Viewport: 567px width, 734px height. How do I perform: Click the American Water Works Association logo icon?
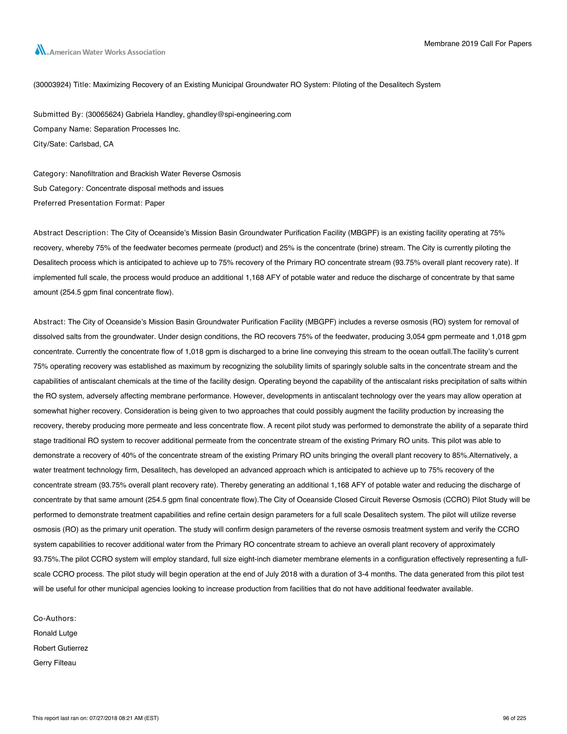click(x=41, y=50)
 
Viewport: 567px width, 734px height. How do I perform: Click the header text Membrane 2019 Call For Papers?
click(x=478, y=44)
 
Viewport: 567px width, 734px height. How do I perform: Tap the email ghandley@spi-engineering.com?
click(x=239, y=114)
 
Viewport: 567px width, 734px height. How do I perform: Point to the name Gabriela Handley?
click(x=155, y=114)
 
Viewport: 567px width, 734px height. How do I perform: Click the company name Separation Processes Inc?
click(x=137, y=129)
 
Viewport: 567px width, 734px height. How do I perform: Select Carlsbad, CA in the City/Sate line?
click(x=92, y=144)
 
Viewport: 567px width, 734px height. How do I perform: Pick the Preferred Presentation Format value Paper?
click(x=155, y=203)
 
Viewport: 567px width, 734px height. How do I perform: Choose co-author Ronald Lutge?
click(x=55, y=633)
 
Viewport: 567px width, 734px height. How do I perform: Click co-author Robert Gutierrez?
click(x=61, y=648)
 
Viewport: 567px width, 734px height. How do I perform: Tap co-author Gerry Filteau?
click(x=55, y=663)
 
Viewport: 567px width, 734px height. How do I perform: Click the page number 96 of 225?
click(x=515, y=718)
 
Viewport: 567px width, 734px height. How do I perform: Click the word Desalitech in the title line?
click(x=396, y=85)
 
